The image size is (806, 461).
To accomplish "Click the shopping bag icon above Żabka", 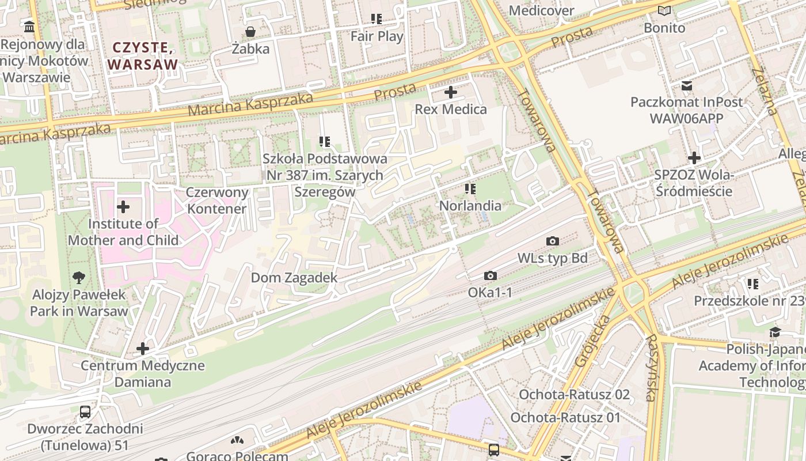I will tap(250, 31).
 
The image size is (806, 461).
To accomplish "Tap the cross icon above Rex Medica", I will tap(451, 92).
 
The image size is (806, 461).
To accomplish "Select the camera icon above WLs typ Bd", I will tap(553, 241).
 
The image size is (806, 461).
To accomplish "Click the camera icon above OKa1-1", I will tap(490, 276).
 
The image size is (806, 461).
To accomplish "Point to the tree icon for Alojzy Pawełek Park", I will tap(79, 278).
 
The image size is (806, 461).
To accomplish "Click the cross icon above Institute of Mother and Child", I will tap(123, 207).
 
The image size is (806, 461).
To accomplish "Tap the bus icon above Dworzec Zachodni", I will tap(85, 411).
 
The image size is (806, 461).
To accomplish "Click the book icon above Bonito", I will tap(664, 10).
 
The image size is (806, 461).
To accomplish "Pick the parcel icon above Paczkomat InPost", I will tap(687, 86).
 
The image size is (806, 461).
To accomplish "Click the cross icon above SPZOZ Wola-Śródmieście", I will tap(694, 158).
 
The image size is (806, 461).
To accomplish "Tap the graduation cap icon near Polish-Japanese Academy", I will tap(775, 332).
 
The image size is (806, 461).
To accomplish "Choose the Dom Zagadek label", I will tap(294, 278).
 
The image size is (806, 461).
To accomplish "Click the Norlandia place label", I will tap(470, 206).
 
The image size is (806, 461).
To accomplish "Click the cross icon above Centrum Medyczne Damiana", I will tap(143, 349).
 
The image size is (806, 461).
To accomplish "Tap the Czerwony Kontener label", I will tap(217, 201).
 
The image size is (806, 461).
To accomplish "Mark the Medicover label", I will tap(542, 10).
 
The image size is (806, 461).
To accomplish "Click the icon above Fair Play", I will tap(377, 19).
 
